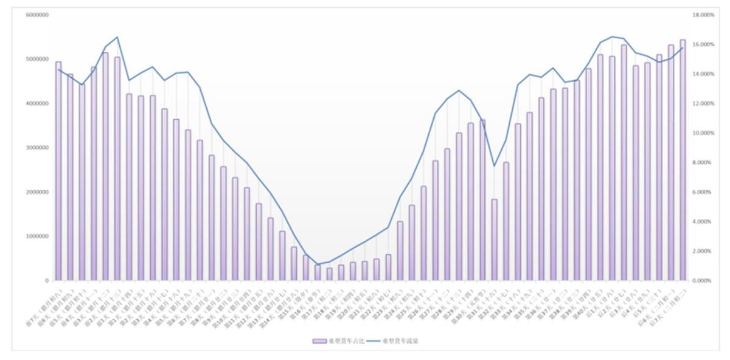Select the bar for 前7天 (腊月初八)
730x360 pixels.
(x=58, y=170)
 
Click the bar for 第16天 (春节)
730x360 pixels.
(x=318, y=272)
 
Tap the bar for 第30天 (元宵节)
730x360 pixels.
(x=482, y=201)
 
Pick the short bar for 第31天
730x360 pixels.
(x=495, y=240)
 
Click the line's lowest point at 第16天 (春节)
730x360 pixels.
(x=318, y=265)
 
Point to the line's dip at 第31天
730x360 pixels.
(x=495, y=166)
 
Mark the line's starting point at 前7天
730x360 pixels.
(x=58, y=69)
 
